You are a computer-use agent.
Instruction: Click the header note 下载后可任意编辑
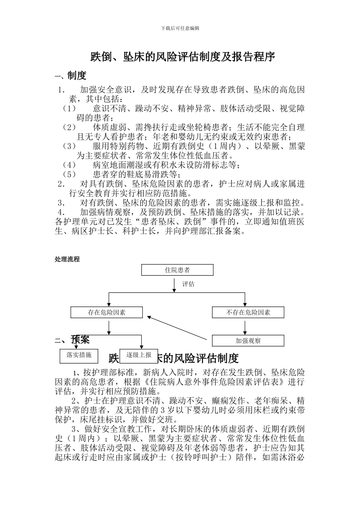click(180, 28)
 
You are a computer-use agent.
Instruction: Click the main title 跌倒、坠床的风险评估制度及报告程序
click(182, 57)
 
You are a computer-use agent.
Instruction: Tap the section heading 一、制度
click(70, 76)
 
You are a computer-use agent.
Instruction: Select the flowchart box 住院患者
click(177, 270)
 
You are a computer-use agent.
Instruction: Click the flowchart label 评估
click(188, 284)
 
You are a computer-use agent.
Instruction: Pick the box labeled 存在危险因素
click(106, 312)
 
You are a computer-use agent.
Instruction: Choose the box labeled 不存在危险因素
click(248, 312)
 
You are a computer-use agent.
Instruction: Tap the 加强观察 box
click(248, 340)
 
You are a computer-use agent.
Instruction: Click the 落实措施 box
click(79, 355)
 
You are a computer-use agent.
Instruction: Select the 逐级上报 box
click(138, 355)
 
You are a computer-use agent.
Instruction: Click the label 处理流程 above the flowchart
click(67, 259)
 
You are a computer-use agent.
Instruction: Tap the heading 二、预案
click(72, 340)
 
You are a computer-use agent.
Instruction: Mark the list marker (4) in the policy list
click(69, 165)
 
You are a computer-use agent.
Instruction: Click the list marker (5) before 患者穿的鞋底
click(69, 175)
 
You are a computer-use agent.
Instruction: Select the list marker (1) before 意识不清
click(69, 109)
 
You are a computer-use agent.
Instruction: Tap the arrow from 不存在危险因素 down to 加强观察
click(245, 326)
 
